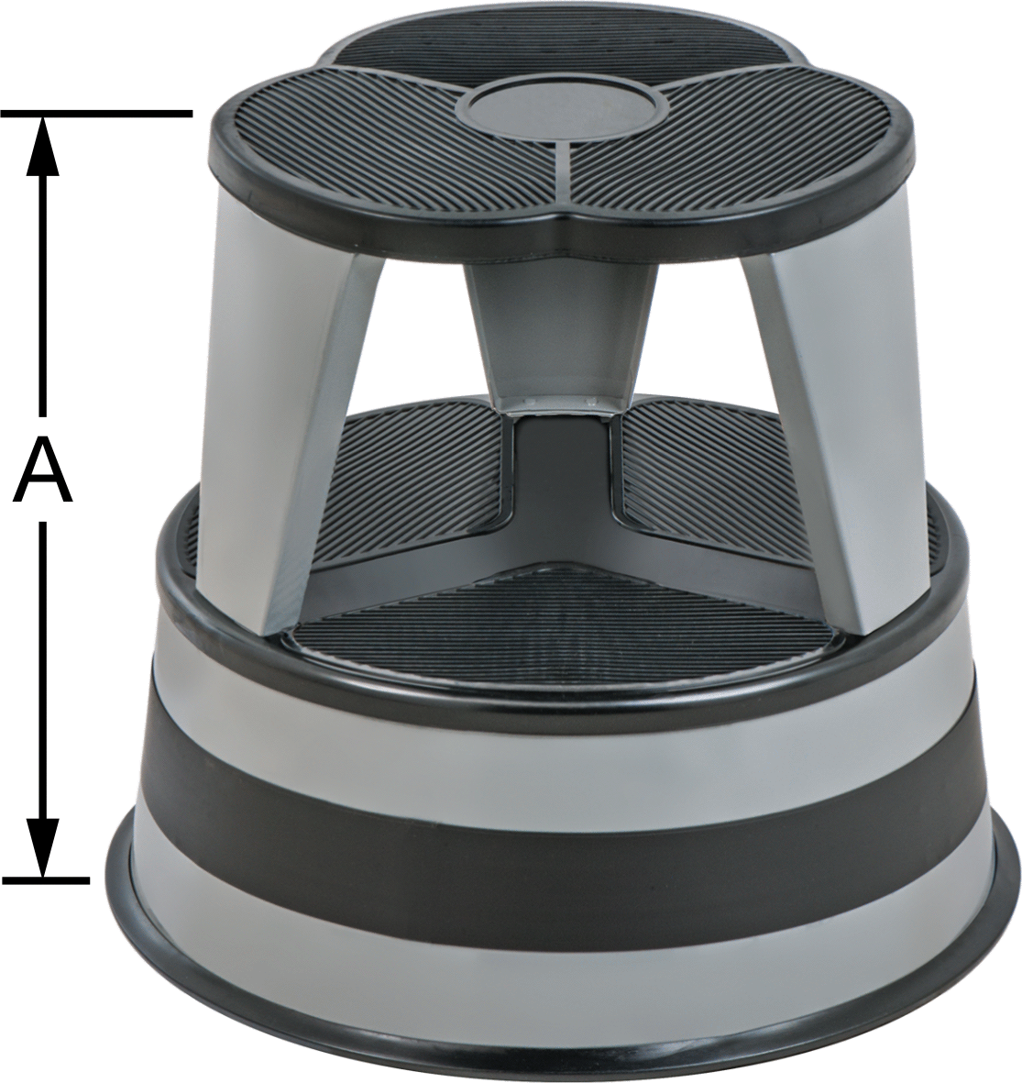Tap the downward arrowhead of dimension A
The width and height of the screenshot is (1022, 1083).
click(x=43, y=846)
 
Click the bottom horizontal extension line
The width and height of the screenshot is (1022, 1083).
click(x=45, y=880)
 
